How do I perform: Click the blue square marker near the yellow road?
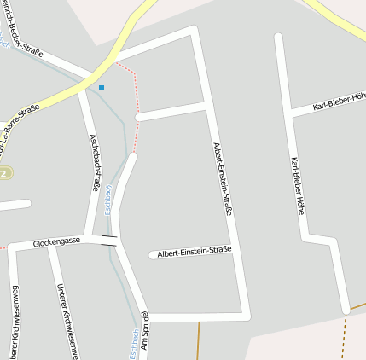coord(102,87)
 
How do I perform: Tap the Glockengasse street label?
coord(56,242)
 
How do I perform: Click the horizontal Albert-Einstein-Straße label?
coord(195,252)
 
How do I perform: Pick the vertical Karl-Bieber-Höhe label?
coord(297,186)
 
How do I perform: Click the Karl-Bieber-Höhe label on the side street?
coord(339,102)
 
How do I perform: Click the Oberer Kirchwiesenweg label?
coord(16,324)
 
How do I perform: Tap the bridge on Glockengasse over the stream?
coord(109,240)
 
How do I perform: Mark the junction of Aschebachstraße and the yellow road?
coord(83,87)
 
